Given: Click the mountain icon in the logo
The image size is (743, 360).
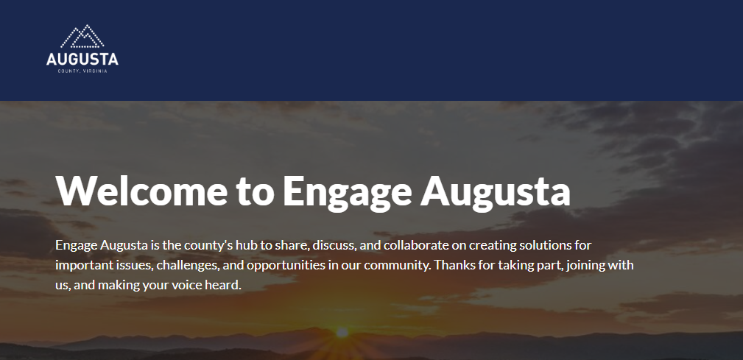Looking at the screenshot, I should (x=82, y=37).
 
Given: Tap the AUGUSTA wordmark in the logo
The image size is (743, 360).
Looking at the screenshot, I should (x=82, y=59).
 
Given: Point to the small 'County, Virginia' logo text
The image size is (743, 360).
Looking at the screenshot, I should (x=82, y=71).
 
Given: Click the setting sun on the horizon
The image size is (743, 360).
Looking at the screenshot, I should (x=342, y=333).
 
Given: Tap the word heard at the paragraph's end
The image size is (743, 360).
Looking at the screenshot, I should (x=225, y=285).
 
